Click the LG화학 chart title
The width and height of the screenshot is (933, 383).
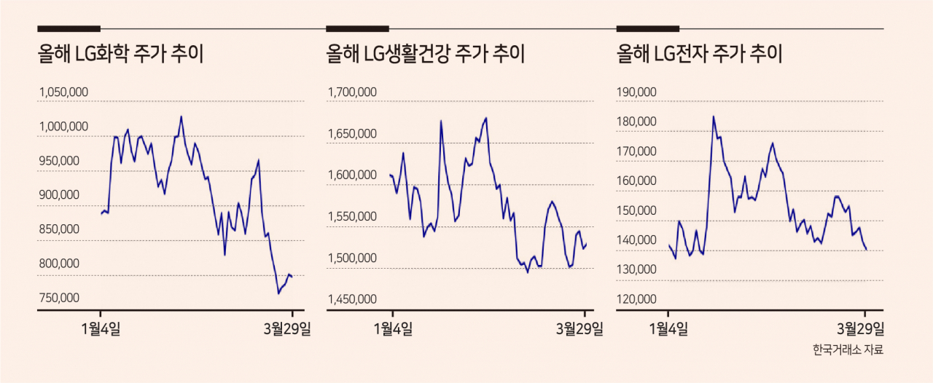click(x=121, y=54)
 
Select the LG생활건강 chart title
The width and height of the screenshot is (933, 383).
click(x=425, y=54)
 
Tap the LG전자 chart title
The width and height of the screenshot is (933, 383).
click(x=699, y=54)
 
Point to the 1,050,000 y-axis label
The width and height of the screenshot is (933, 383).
click(x=63, y=92)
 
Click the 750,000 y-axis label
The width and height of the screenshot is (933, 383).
click(x=59, y=298)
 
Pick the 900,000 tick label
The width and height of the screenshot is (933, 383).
click(x=59, y=195)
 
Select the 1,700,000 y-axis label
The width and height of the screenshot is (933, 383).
click(x=352, y=92)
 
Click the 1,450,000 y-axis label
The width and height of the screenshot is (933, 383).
click(x=352, y=299)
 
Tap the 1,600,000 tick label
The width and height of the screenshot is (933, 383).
click(x=352, y=175)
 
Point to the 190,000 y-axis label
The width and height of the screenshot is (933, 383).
click(x=636, y=92)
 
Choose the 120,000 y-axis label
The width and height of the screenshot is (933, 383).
click(x=636, y=299)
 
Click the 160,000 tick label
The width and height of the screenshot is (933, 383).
click(x=636, y=181)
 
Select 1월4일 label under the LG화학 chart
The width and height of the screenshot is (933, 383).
click(x=101, y=329)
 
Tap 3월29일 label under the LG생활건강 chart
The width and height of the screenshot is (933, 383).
click(x=579, y=329)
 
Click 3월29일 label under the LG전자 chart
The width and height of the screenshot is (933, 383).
click(x=861, y=329)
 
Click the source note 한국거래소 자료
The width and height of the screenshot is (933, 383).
click(x=848, y=350)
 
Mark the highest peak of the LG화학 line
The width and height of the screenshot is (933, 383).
click(x=181, y=117)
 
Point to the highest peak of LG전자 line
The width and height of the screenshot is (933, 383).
click(x=714, y=117)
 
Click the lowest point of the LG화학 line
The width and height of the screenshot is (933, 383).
click(x=278, y=293)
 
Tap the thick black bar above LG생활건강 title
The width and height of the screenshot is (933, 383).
click(x=357, y=28)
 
